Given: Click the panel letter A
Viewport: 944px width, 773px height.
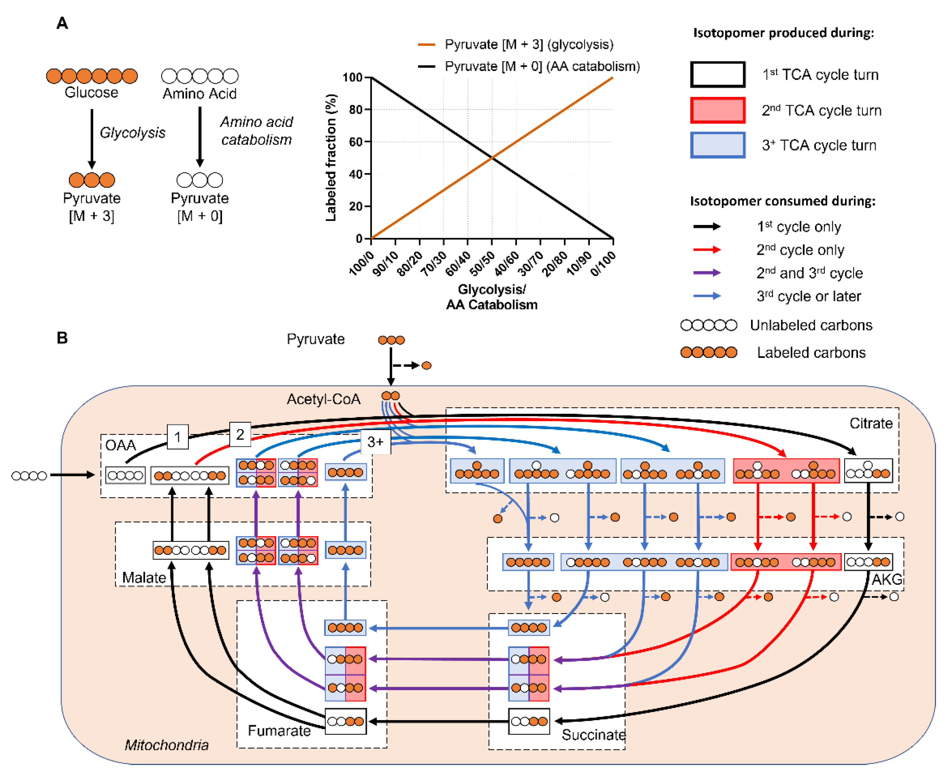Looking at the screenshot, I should (62, 23).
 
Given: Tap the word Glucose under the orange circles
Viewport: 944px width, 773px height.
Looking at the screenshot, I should (91, 93).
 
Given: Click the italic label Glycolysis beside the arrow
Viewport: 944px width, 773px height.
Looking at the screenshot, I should (132, 132).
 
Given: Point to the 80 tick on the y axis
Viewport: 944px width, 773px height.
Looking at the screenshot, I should (356, 110).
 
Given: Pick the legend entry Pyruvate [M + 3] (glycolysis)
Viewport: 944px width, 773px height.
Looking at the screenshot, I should (529, 45).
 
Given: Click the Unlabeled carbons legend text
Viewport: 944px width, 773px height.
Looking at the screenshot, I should (811, 325).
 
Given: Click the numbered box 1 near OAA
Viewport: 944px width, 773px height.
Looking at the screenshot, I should (178, 437).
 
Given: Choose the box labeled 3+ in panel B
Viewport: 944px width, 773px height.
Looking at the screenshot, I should (375, 442).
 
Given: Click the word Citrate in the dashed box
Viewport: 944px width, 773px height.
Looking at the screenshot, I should (870, 423).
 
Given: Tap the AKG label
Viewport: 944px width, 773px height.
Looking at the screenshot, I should (887, 579).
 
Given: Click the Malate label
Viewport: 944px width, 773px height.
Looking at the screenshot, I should (144, 577).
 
